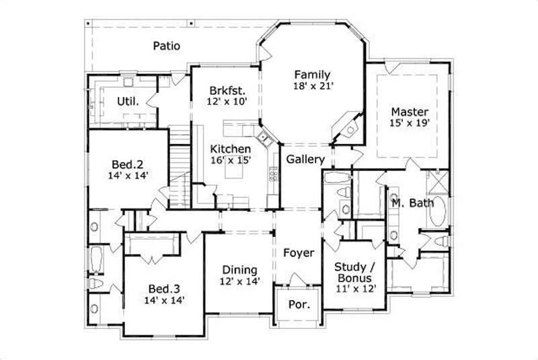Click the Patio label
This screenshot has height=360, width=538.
165,46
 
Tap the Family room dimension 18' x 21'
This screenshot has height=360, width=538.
313,86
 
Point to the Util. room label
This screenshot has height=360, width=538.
128,102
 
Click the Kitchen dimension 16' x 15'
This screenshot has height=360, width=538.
231,161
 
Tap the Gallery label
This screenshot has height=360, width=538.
306,159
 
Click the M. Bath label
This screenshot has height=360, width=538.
413,203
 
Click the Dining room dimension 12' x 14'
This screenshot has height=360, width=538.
241,282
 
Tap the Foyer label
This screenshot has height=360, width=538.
298,253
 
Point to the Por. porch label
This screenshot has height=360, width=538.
299,305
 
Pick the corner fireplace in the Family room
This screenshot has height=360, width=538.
350,127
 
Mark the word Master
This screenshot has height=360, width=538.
410,111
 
